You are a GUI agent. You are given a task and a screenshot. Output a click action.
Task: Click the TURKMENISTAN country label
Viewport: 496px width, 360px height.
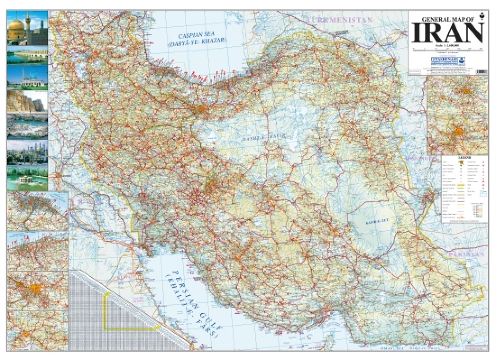pyautogui.click(x=340, y=20)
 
